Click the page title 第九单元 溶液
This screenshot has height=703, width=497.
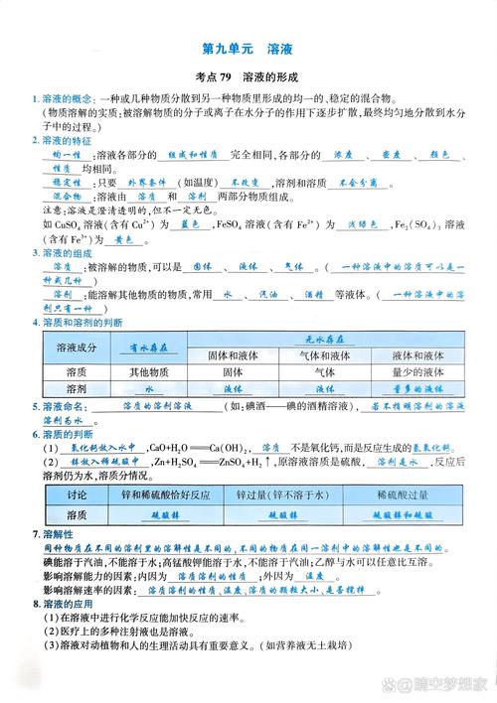pyautogui.click(x=248, y=49)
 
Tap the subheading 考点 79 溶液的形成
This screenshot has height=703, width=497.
pyautogui.click(x=248, y=77)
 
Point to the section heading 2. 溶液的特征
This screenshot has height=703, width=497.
pyautogui.click(x=67, y=141)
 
